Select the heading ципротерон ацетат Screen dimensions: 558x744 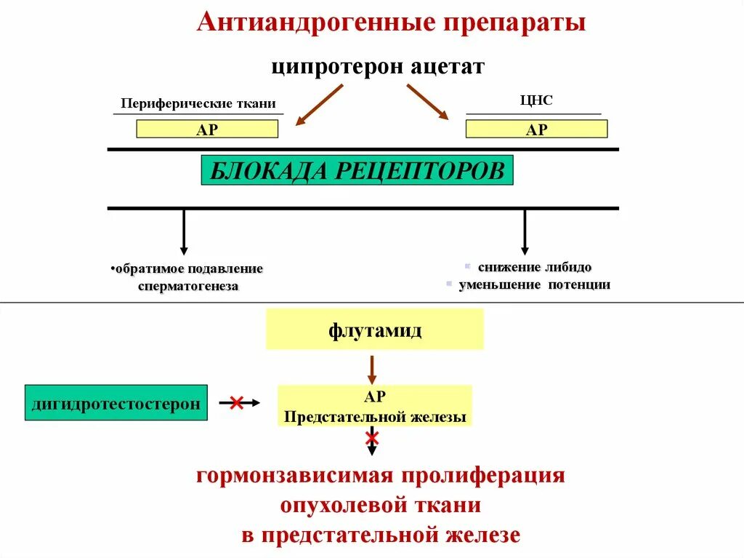tap(378, 67)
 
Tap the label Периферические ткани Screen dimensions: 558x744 tap(198, 103)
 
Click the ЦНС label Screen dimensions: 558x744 tap(536, 100)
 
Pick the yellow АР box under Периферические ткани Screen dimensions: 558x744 tap(207, 129)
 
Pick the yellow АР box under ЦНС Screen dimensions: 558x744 tap(536, 129)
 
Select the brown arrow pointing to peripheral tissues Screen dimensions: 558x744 tap(319, 105)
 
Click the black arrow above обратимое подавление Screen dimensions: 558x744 tap(184, 232)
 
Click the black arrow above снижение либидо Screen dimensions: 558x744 tap(525, 232)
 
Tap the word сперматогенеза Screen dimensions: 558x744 tap(188, 287)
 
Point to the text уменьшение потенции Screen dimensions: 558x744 tap(534, 284)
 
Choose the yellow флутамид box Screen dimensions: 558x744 tap(374, 329)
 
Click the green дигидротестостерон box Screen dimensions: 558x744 tap(116, 402)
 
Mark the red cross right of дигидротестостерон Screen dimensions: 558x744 tap(236, 402)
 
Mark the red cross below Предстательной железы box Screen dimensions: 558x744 tap(372, 437)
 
